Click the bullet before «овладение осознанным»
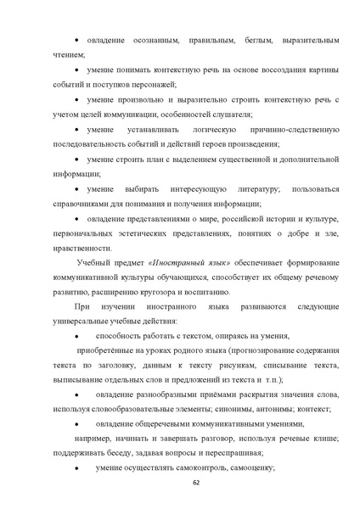point(77,41)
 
